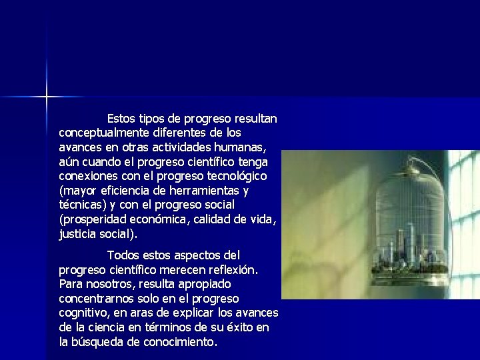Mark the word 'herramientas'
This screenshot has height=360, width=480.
203,191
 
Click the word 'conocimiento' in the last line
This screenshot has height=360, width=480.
183,342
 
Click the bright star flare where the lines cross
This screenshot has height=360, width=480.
47,97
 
